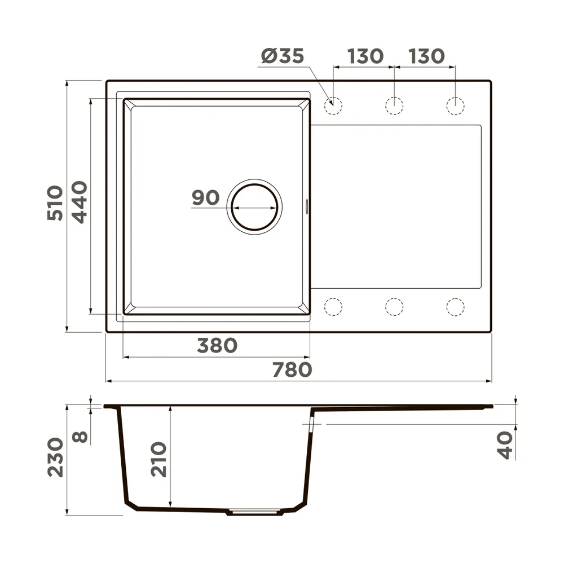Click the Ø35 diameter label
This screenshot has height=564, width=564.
(x=283, y=56)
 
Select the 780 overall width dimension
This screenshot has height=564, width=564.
(x=292, y=370)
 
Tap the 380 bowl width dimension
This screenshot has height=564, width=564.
(x=217, y=345)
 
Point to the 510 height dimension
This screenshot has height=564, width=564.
(x=55, y=203)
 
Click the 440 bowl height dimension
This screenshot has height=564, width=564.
(x=80, y=202)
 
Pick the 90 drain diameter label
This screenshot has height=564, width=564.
(x=205, y=197)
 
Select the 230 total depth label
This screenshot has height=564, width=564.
(x=55, y=457)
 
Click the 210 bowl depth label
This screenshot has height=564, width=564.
(x=158, y=460)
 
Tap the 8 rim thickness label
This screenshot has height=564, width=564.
(x=80, y=437)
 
